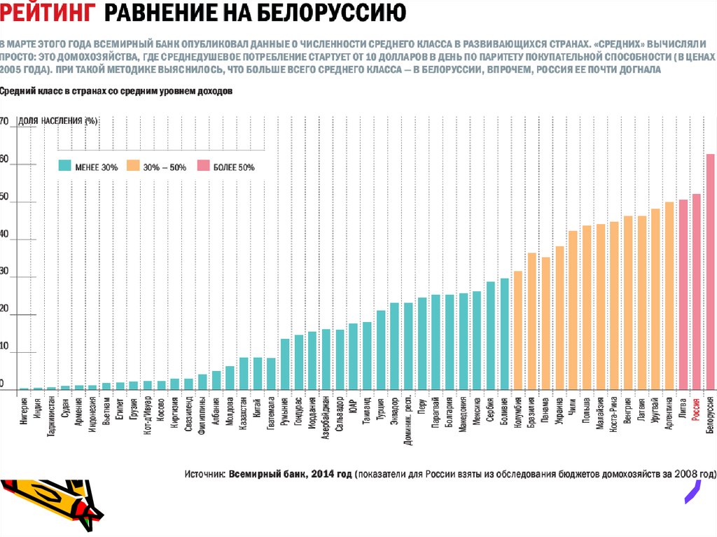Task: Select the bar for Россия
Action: [696, 291]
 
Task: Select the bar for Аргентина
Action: [669, 295]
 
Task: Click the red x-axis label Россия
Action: [696, 408]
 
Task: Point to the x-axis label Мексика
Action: [477, 409]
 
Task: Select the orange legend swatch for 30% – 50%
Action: [132, 167]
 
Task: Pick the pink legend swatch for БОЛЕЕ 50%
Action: [203, 167]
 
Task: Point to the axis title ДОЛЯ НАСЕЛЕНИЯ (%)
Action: [58, 121]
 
